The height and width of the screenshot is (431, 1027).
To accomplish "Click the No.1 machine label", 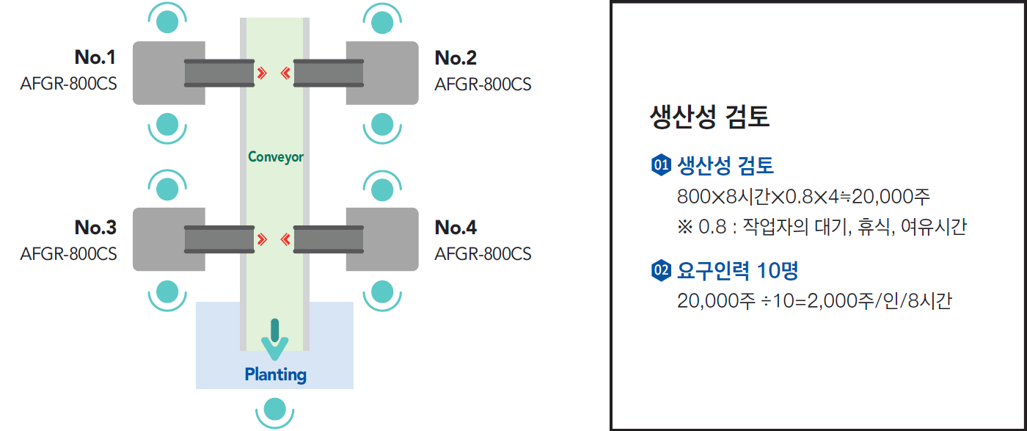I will click(95, 57).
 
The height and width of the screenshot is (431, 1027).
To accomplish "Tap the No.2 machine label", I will click(456, 57).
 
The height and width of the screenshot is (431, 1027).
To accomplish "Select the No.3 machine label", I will click(95, 228).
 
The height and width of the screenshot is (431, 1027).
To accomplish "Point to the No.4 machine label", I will click(456, 228).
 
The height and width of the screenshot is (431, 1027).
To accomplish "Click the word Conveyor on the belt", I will click(275, 156).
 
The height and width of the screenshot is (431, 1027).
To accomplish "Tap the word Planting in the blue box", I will click(275, 374).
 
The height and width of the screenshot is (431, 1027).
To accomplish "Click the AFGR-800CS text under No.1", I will click(68, 84).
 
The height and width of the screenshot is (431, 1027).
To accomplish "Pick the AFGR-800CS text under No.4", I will click(483, 254).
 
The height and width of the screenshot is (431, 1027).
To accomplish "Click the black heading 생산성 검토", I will click(709, 117).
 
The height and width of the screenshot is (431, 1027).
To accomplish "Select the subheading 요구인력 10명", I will click(737, 271).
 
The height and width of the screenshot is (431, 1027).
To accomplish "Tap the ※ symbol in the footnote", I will click(685, 227).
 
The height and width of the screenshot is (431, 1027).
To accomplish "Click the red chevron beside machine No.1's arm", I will click(262, 73).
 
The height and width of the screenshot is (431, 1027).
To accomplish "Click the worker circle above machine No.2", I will click(381, 21).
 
